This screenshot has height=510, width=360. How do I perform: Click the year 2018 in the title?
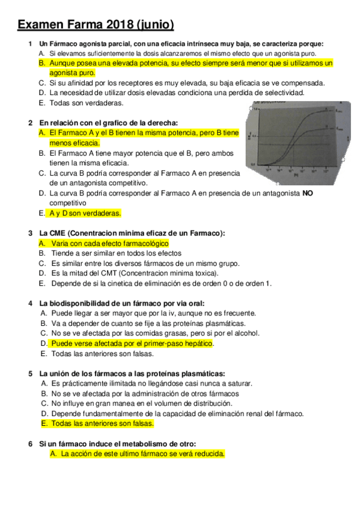click(x=121, y=25)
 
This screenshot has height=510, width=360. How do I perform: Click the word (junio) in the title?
click(x=156, y=25)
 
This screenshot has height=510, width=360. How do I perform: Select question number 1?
click(x=30, y=44)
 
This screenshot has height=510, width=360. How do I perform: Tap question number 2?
click(x=30, y=123)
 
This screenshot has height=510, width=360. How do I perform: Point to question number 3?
click(x=30, y=233)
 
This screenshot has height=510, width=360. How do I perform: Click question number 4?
click(x=30, y=303)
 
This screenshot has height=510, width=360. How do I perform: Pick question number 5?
click(x=30, y=373)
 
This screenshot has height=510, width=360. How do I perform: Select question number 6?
click(x=30, y=444)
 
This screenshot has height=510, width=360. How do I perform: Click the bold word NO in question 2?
click(x=307, y=193)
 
